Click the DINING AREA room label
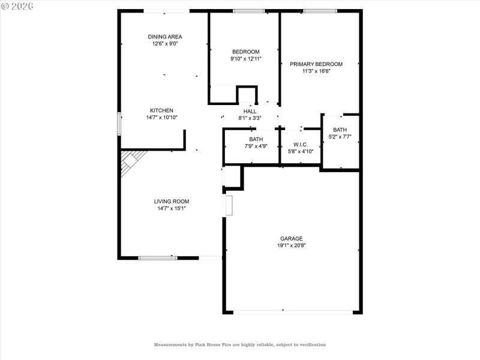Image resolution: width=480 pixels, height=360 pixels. (x=165, y=37)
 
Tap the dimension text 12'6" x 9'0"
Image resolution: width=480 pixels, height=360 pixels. (x=165, y=44)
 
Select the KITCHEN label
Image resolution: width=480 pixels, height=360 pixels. (x=161, y=110)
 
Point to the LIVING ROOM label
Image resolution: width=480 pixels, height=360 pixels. (x=172, y=202)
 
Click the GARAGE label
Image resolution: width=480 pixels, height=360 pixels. (x=291, y=238)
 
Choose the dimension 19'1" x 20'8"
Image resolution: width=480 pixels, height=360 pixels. (x=291, y=245)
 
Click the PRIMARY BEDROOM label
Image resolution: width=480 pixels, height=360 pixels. (x=316, y=64)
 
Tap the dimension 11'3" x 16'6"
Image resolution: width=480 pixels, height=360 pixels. (x=316, y=71)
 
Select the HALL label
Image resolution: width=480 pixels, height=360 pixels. (x=250, y=112)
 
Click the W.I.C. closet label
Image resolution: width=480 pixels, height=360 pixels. (x=301, y=145)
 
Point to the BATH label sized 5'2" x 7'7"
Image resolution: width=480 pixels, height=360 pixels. (x=340, y=130)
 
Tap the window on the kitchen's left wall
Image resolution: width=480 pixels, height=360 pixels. (x=119, y=124)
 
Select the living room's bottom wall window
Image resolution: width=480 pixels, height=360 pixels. (x=158, y=258)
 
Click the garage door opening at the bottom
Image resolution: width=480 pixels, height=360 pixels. (x=293, y=312)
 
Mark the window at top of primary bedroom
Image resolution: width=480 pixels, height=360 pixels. (x=320, y=11)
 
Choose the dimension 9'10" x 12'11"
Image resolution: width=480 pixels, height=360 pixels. (x=245, y=59)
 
